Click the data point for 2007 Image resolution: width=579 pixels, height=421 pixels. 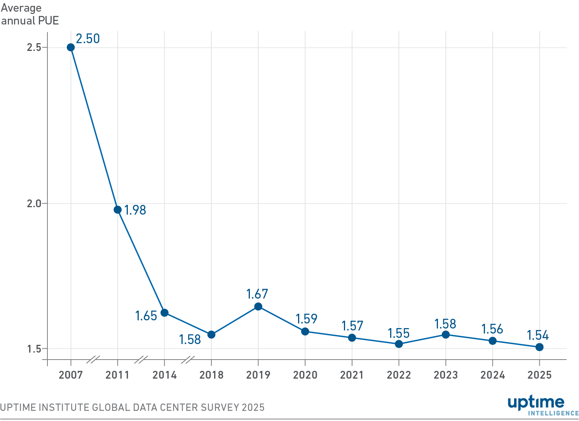click(71, 47)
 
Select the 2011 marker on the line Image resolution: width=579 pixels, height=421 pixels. click(118, 210)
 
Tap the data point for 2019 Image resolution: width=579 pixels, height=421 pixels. click(258, 307)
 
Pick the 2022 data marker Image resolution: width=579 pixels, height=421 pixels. click(399, 344)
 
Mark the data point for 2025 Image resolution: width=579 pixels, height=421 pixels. click(539, 347)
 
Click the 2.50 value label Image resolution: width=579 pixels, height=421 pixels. click(88, 39)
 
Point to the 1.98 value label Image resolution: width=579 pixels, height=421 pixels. click(135, 210)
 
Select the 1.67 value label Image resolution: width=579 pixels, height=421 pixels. click(257, 294)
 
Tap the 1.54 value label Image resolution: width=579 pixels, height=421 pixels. click(537, 335)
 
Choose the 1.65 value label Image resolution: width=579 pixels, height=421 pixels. click(146, 316)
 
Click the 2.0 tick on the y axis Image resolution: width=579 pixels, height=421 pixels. click(34, 204)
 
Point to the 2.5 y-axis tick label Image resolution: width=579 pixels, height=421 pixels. click(34, 47)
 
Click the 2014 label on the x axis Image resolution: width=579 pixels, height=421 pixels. click(164, 375)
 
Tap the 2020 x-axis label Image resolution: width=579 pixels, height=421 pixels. click(305, 375)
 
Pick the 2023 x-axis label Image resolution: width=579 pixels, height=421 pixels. click(446, 375)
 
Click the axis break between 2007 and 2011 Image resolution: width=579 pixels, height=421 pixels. click(93, 360)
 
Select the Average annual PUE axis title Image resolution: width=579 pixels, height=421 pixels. click(30, 14)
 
